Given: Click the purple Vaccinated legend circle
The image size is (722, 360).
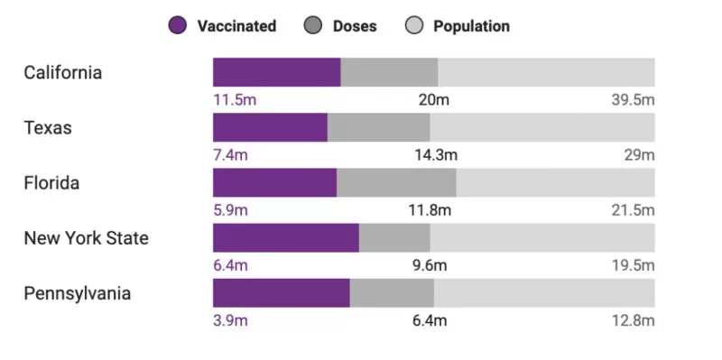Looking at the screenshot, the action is [177, 26].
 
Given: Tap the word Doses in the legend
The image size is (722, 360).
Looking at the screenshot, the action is [355, 26].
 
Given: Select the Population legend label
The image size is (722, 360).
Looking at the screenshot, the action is [471, 26].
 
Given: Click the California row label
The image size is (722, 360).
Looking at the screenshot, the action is [62, 73].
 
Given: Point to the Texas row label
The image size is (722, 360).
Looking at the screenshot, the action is [48, 128].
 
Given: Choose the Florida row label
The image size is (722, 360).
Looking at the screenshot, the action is [51, 183].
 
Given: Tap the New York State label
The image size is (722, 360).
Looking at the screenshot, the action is [86, 238].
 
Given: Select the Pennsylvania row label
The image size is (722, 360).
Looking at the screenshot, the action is [78, 294].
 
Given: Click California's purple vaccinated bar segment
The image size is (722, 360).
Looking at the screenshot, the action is [277, 72].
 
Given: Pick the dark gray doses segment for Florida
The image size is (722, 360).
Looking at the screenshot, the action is [396, 183].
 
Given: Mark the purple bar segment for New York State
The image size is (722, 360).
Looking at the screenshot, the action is [286, 238].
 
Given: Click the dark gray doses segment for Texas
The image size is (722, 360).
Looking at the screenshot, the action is [378, 127].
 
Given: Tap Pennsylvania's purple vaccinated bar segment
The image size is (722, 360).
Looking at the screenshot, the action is [282, 293].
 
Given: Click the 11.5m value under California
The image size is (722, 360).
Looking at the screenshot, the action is [235, 100].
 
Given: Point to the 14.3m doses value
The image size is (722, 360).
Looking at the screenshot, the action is [436, 155].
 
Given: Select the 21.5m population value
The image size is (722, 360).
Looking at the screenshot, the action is [634, 210].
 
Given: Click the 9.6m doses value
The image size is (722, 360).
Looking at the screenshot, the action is [430, 265].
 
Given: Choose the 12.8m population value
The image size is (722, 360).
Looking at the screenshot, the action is [634, 321].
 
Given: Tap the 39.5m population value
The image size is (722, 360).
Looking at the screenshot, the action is [634, 100].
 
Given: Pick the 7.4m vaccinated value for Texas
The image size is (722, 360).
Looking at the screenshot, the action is [230, 155].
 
